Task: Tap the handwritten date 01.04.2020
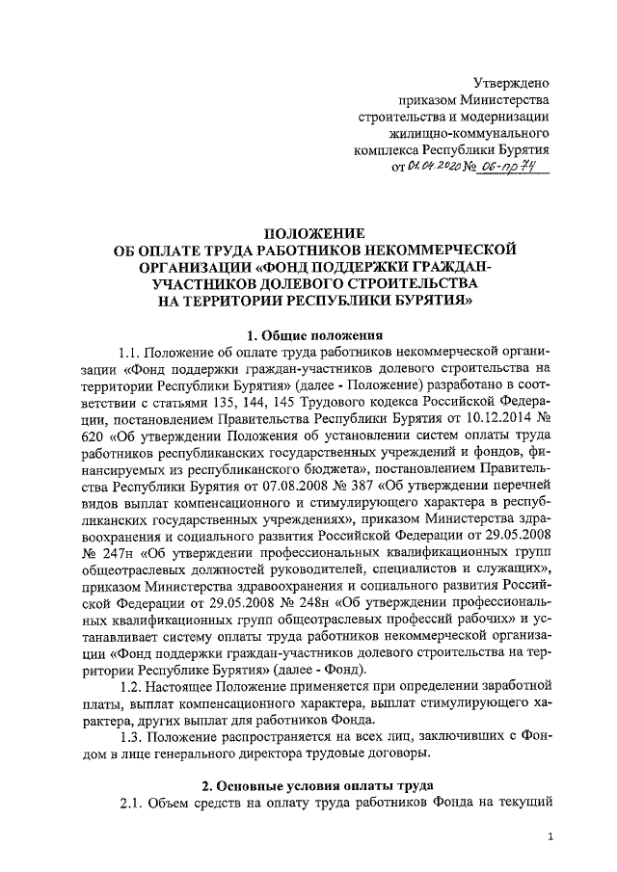[x=434, y=168]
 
